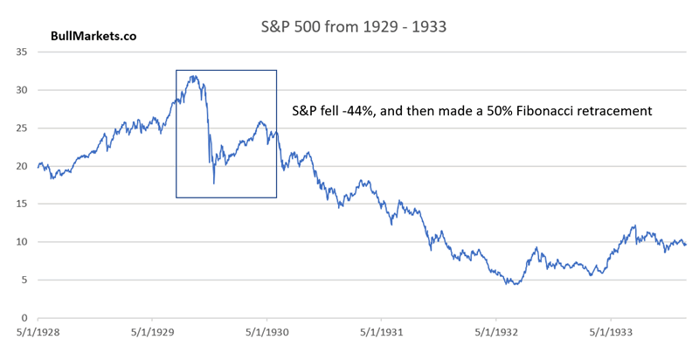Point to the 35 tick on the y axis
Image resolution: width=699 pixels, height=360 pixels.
[22, 52]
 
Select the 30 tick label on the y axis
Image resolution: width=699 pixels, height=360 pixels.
[22, 90]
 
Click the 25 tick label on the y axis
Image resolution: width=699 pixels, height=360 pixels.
[22, 128]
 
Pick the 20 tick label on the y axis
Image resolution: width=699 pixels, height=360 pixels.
[22, 166]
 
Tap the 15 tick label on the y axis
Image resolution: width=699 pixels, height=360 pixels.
[22, 204]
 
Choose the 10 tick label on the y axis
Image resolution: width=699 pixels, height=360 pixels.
[22, 242]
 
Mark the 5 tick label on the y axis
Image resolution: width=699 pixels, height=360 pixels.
[25, 280]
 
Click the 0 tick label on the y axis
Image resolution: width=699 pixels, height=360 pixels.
[25, 318]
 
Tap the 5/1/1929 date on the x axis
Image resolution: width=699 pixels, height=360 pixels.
[150, 333]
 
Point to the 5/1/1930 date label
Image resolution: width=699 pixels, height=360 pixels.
[266, 333]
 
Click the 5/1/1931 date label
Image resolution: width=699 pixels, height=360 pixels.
[380, 333]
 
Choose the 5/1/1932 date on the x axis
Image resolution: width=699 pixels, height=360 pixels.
[495, 333]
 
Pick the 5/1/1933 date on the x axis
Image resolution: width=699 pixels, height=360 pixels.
[610, 333]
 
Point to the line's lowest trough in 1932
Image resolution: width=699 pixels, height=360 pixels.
[516, 284]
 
